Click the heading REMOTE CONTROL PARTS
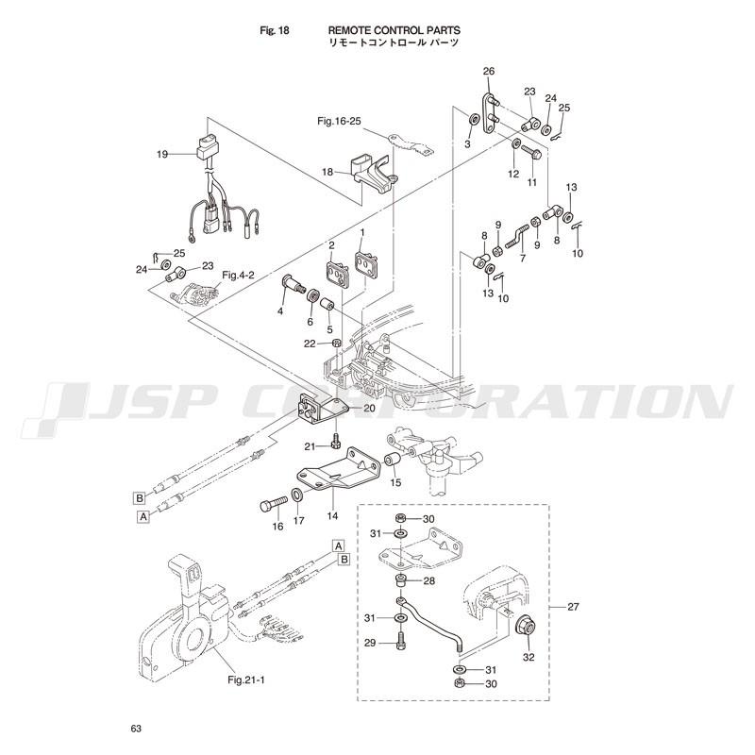(394, 30)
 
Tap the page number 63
(136, 729)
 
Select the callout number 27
(573, 607)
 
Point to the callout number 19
(162, 154)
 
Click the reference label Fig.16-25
(339, 121)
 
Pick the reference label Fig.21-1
(246, 679)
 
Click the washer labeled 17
(297, 495)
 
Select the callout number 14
(332, 516)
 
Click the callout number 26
(489, 72)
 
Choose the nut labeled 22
(337, 344)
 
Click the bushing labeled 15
(391, 461)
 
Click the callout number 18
(327, 172)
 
